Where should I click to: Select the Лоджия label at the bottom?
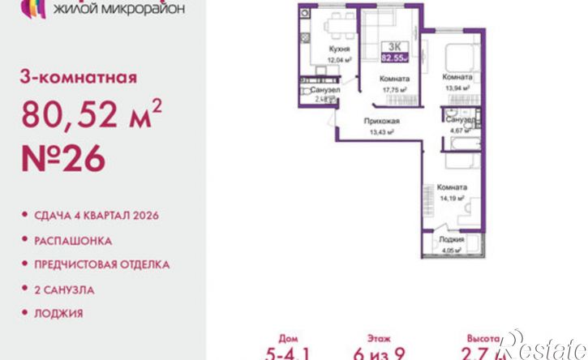click(x=452, y=240)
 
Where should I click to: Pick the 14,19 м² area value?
click(x=452, y=196)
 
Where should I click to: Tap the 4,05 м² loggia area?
click(x=451, y=250)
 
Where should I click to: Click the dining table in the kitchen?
click(x=333, y=28)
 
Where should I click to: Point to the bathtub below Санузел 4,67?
click(x=455, y=144)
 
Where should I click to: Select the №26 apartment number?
click(x=64, y=160)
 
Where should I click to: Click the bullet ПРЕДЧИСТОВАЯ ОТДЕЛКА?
click(x=101, y=264)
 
